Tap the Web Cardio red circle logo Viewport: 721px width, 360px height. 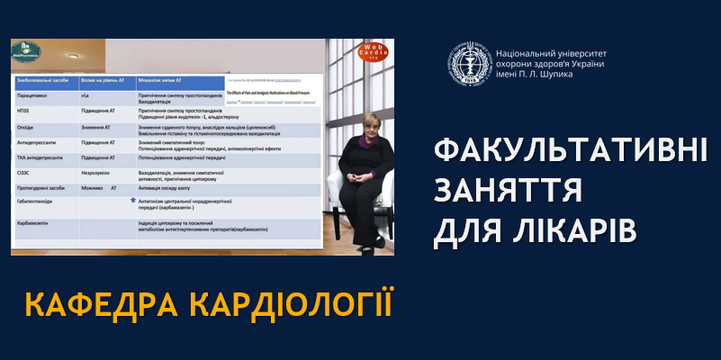pyautogui.click(x=375, y=54)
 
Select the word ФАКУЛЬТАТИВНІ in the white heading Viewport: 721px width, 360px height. pyautogui.click(x=570, y=150)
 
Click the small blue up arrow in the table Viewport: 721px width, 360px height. pyautogui.click(x=133, y=202)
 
